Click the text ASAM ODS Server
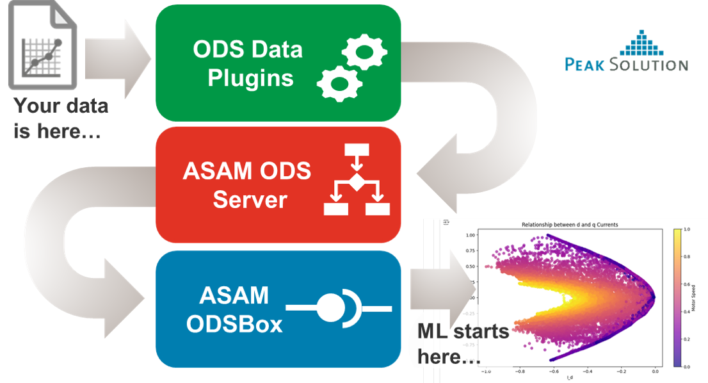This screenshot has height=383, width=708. pos(246,185)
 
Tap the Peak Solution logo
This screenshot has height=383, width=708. pos(626,51)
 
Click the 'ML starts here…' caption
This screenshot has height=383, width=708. pos(463,344)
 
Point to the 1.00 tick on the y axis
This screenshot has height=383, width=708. pos(471,235)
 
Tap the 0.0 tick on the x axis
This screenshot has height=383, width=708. pos(654,371)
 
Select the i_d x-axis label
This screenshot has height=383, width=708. pos(569,378)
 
